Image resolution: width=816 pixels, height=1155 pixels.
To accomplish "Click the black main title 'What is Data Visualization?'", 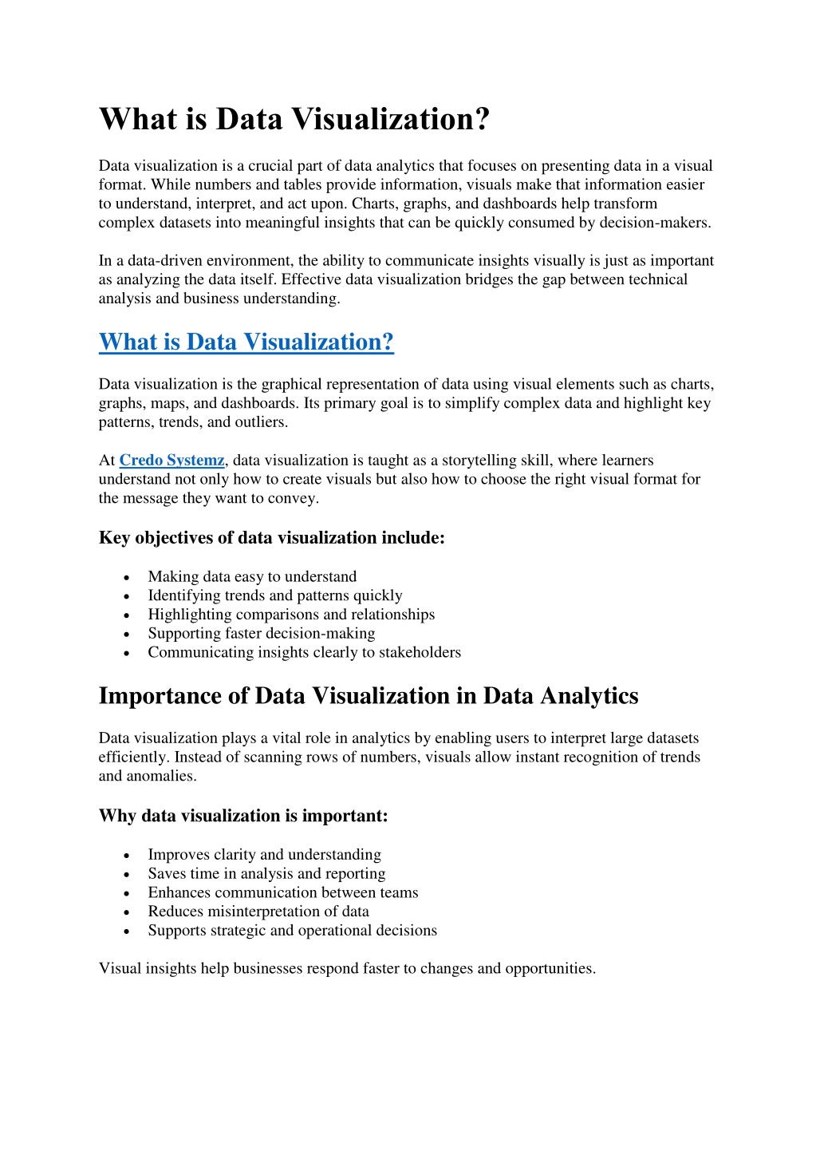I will [294, 120].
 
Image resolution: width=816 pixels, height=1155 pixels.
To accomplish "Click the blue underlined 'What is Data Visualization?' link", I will [246, 342].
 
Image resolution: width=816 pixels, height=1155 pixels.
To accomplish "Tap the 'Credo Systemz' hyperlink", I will [171, 461].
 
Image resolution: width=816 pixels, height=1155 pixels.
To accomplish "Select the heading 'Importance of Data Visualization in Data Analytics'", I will [368, 696].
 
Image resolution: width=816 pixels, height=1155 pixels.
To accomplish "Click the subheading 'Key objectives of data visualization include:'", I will [271, 538].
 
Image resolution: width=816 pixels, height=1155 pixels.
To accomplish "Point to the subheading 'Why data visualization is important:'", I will [243, 816].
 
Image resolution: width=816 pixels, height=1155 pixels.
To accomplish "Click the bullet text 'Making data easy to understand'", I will [252, 576].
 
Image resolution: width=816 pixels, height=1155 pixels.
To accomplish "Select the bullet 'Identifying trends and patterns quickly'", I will [274, 595].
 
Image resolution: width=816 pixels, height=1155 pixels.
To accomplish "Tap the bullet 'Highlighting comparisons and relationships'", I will [291, 615].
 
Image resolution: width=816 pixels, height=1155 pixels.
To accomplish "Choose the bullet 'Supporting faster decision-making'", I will [261, 633].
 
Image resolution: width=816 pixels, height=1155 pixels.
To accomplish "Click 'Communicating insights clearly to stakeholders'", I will [304, 652].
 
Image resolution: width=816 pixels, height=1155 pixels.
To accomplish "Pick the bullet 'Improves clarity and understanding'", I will [264, 855].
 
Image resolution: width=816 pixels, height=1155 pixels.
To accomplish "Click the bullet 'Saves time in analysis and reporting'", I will [266, 873].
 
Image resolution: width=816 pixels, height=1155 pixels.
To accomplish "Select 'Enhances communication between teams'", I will [282, 892].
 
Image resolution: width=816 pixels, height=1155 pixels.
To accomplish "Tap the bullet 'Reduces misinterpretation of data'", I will [258, 912].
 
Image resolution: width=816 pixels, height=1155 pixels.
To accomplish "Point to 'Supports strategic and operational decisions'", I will [292, 931].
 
